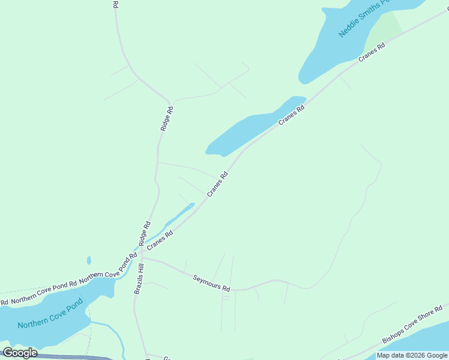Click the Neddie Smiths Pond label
tap(364, 18)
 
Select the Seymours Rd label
tap(211, 283)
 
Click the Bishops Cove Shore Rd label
tap(415, 324)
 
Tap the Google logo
tap(19, 353)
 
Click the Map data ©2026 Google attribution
tap(412, 355)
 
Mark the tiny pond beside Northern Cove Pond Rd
tap(89, 260)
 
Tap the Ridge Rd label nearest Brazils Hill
tap(145, 234)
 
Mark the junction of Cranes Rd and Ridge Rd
tap(139, 251)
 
